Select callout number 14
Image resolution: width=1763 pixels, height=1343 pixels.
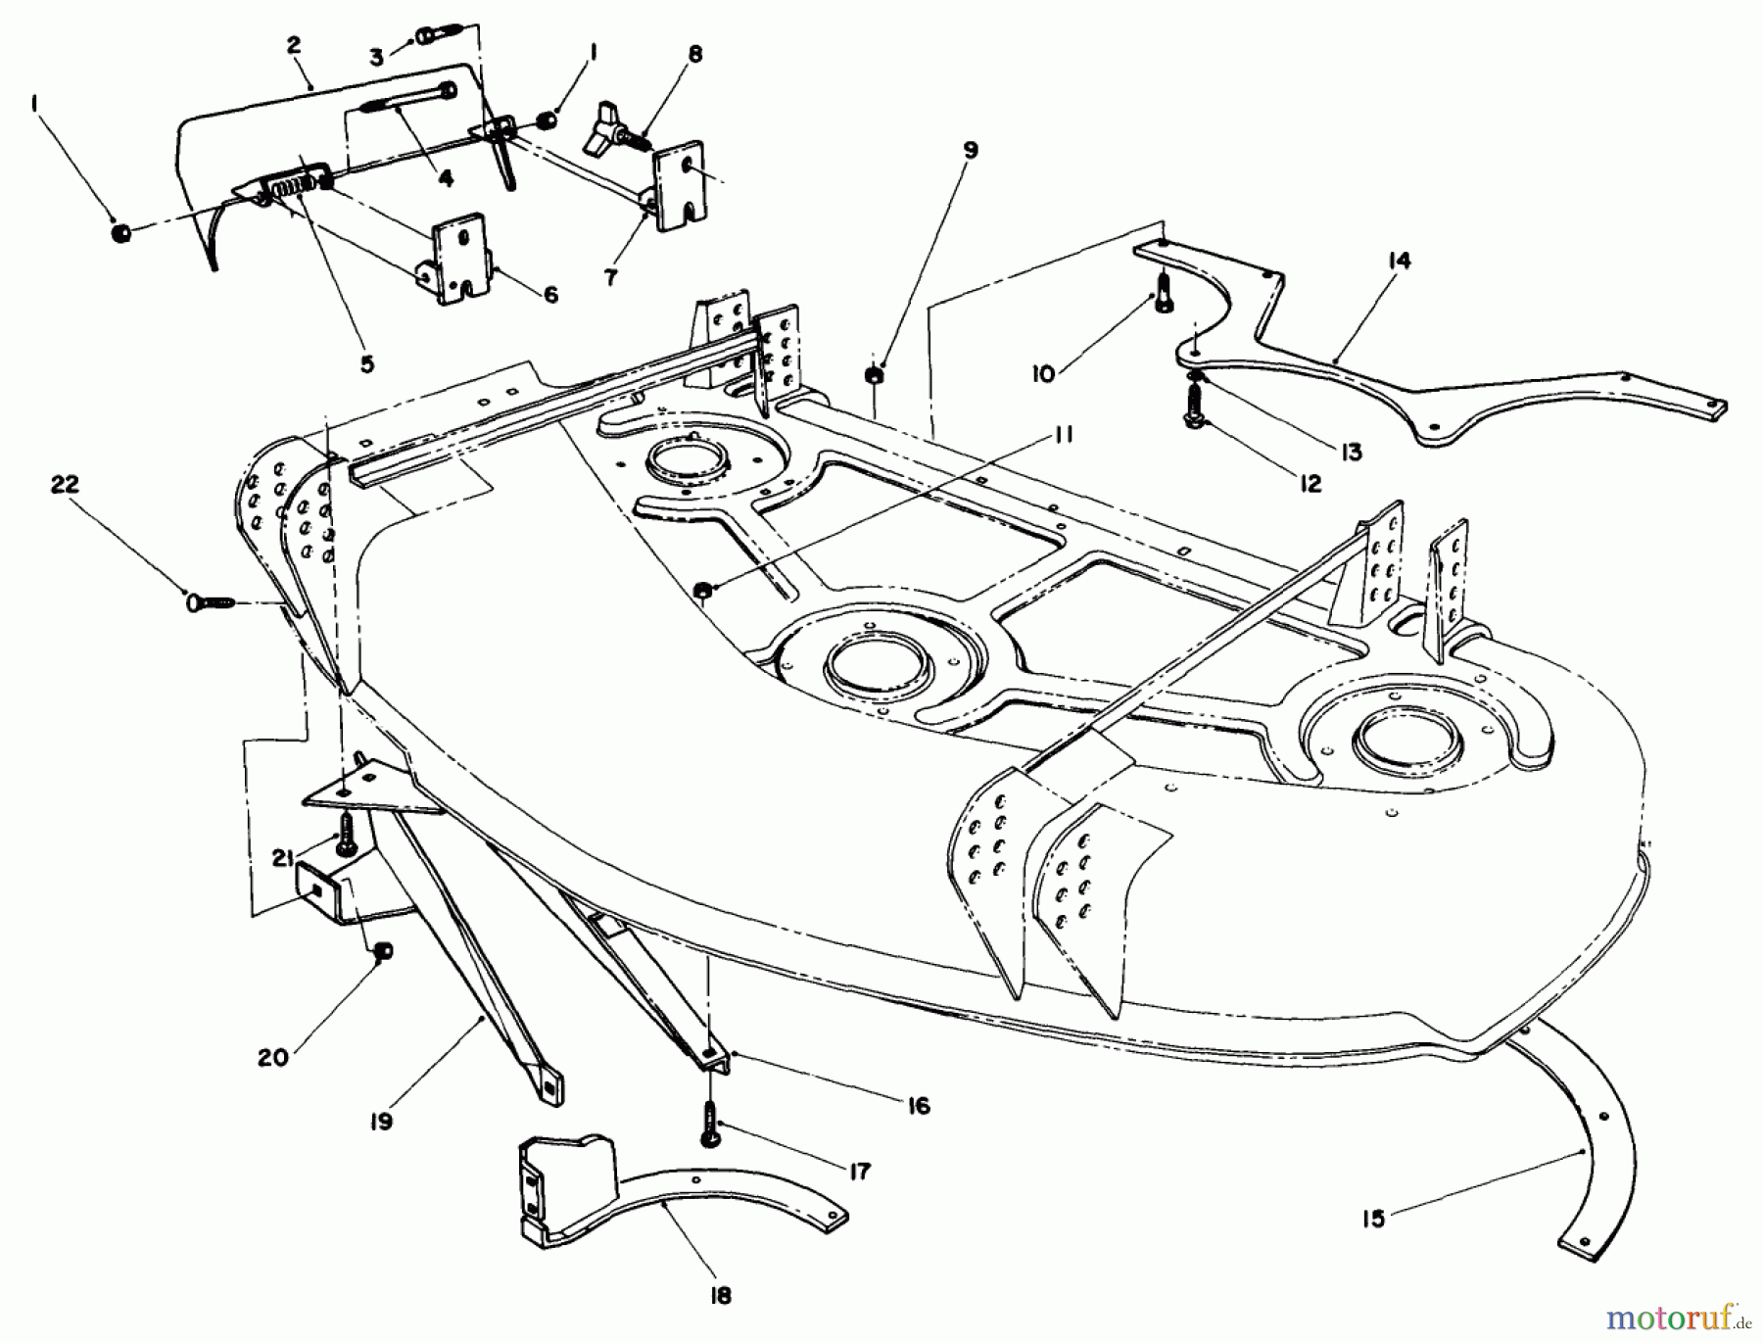1399,261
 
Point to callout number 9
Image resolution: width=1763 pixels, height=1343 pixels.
970,150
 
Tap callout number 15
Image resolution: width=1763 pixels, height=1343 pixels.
1373,1218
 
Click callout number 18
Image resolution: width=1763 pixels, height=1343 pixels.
720,1296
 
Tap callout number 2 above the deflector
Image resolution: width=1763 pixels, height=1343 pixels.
294,45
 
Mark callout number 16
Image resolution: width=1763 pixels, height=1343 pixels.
918,1106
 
